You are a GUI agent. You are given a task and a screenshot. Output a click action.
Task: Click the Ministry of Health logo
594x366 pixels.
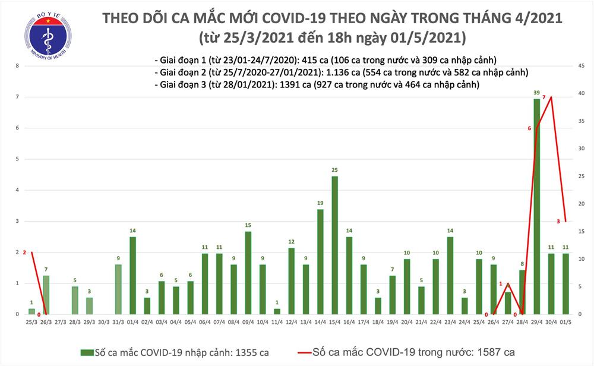pyautogui.click(x=47, y=37)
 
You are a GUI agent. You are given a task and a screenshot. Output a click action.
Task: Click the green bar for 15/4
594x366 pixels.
pyautogui.click(x=335, y=245)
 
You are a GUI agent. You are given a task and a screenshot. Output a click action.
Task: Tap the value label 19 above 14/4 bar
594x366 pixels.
pyautogui.click(x=320, y=203)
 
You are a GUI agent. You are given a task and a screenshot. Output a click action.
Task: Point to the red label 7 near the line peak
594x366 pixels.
pyautogui.click(x=544, y=97)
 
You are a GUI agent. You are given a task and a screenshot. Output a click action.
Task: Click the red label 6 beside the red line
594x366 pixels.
pyautogui.click(x=530, y=128)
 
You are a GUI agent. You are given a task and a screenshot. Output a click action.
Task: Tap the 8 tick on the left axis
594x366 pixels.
pyautogui.click(x=18, y=66)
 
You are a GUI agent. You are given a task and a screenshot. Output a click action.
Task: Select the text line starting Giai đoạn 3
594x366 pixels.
pyautogui.click(x=316, y=85)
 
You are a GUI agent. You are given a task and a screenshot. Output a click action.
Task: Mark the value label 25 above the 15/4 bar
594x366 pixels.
pyautogui.click(x=335, y=170)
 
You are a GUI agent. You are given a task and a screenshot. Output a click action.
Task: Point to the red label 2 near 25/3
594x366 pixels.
pyautogui.click(x=24, y=253)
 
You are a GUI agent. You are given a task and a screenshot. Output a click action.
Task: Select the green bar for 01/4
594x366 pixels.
pyautogui.click(x=132, y=275)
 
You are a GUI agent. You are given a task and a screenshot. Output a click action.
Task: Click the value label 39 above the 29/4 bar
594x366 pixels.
pyautogui.click(x=537, y=93)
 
